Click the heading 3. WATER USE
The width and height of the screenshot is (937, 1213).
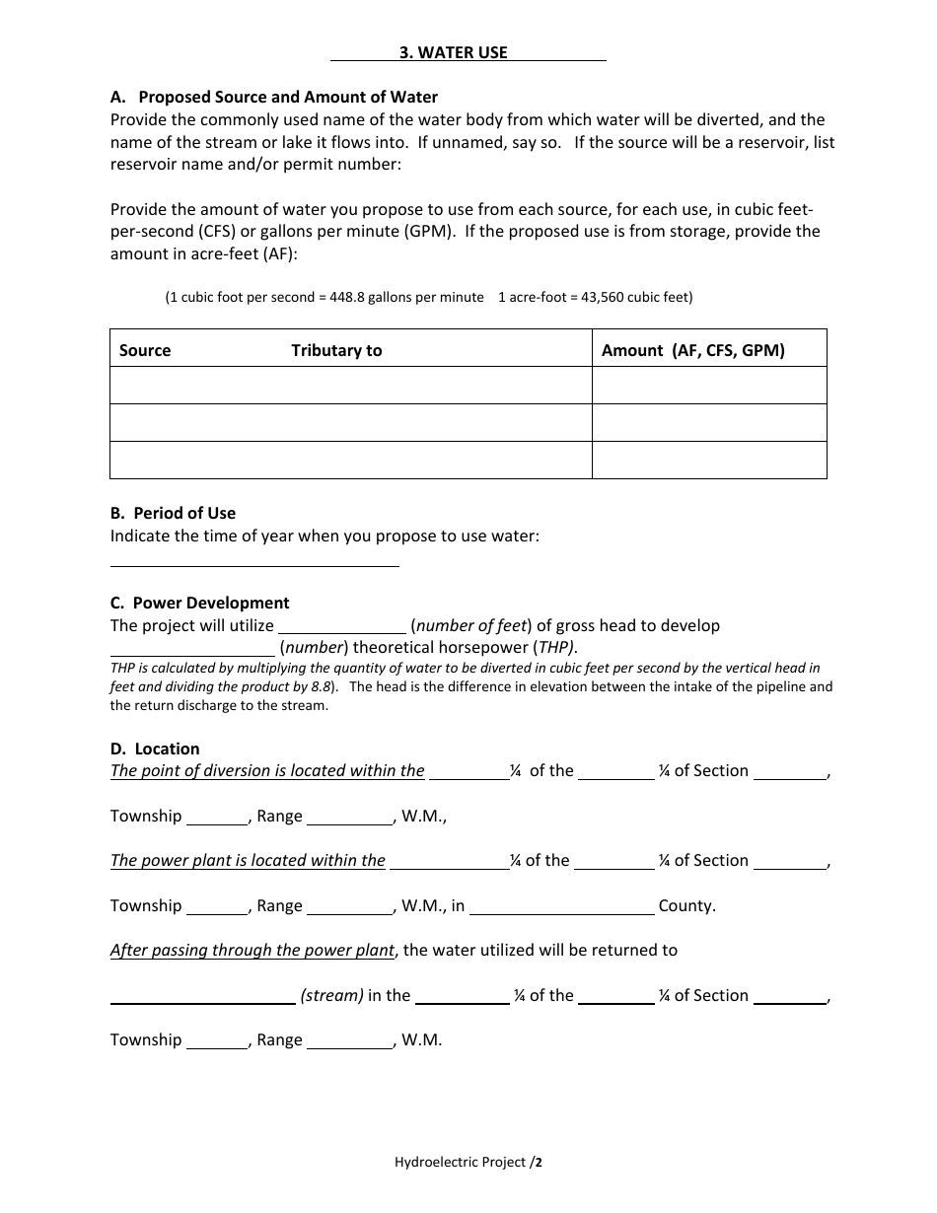(453, 53)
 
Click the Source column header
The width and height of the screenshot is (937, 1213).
(145, 350)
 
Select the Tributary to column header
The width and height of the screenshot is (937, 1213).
(336, 350)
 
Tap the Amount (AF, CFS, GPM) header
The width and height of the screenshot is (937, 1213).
(693, 350)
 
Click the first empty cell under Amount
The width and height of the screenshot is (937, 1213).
(708, 386)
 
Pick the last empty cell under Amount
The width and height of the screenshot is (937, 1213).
(708, 460)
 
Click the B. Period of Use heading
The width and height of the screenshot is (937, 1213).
(173, 513)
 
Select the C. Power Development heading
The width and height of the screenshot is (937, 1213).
(200, 603)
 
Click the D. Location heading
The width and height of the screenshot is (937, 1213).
(155, 749)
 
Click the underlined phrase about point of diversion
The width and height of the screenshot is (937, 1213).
(267, 771)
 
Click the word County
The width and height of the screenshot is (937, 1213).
(686, 905)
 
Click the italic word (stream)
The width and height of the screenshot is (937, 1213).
(332, 995)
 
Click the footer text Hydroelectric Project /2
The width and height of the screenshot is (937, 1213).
(468, 1162)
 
